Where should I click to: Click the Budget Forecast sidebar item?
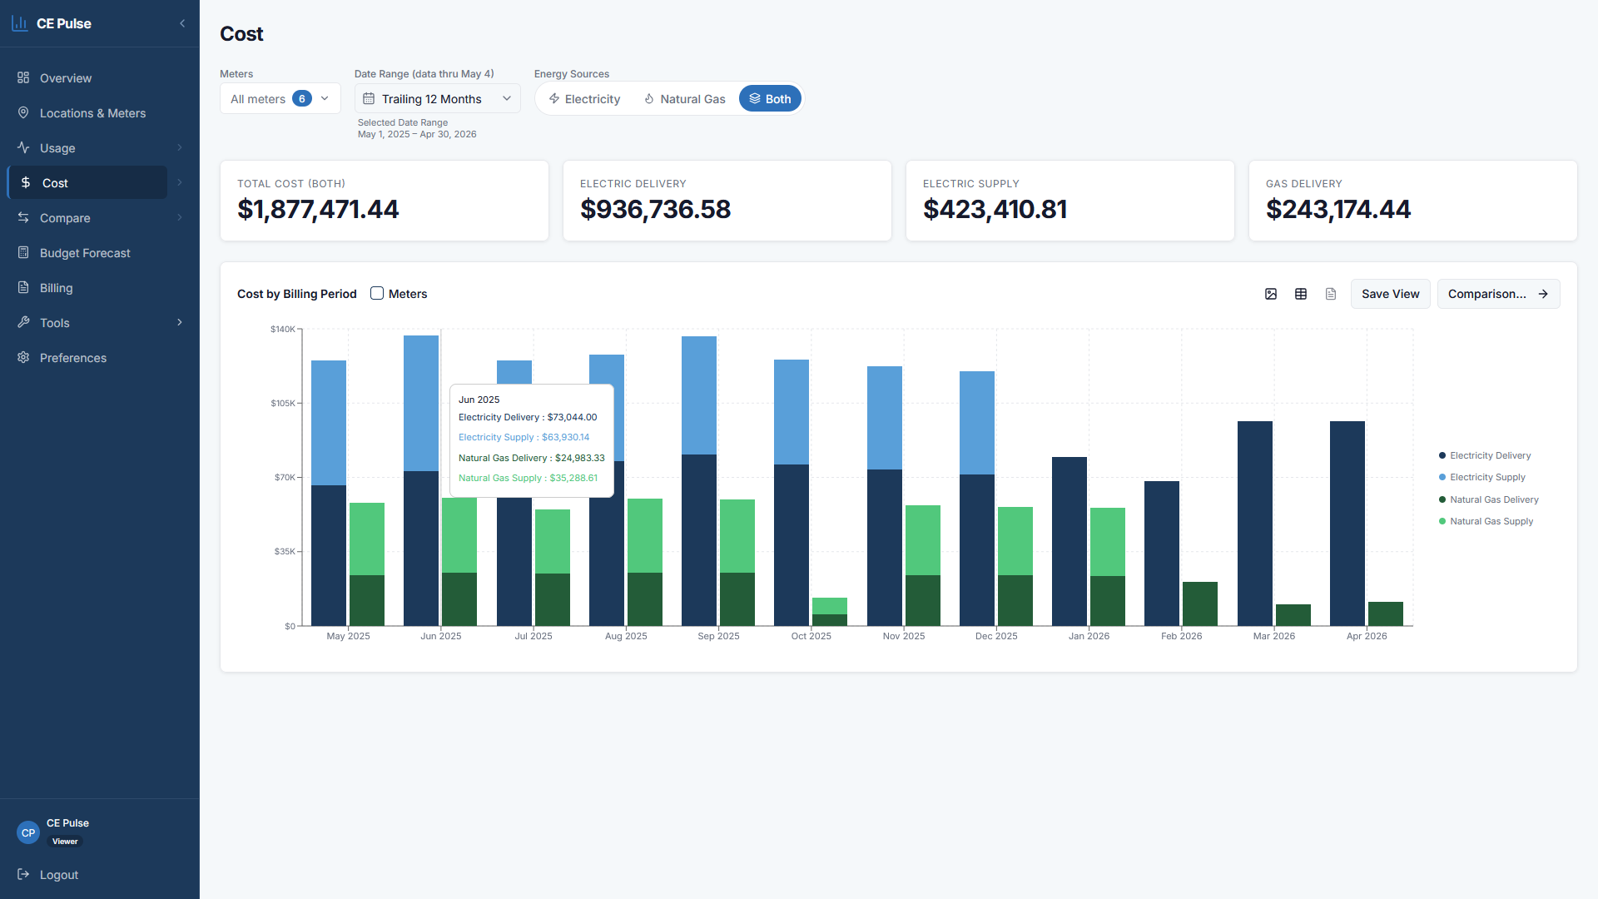85,253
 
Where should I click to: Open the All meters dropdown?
280,99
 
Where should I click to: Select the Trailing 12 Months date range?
438,99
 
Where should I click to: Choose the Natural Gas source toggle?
684,99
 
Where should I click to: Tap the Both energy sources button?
770,99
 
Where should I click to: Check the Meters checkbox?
377,293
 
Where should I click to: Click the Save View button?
1390,294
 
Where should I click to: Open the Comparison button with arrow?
1498,294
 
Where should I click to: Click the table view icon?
1301,294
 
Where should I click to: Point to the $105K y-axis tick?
283,403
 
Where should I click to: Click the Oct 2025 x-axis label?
811,636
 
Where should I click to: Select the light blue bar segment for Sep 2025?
699,395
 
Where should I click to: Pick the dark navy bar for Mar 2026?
1255,524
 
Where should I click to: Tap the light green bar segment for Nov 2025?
923,540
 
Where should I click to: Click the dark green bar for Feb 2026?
1200,603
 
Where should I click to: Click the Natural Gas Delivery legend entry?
1489,499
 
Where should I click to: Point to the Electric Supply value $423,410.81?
995,209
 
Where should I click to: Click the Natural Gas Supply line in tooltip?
528,478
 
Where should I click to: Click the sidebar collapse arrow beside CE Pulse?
182,23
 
